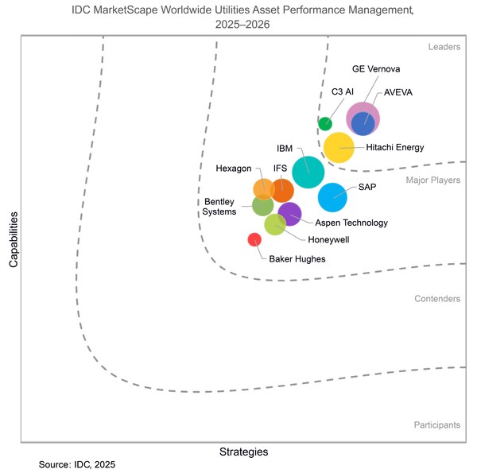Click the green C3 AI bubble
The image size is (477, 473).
tap(324, 123)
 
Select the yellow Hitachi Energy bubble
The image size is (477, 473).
tap(339, 148)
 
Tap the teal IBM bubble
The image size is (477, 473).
tap(308, 172)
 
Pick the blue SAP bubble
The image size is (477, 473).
tap(332, 196)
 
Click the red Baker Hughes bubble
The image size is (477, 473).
tap(254, 239)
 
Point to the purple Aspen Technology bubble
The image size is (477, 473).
tap(289, 214)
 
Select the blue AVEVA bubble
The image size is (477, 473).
tap(363, 123)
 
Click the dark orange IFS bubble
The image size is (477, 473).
tap(282, 191)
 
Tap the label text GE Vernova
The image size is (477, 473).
tap(376, 68)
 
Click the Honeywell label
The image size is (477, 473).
tap(328, 238)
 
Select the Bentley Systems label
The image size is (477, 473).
tap(220, 207)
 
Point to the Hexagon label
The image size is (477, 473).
tap(234, 169)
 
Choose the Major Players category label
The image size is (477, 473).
tap(432, 180)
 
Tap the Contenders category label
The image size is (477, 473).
tap(436, 299)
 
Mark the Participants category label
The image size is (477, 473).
tap(436, 425)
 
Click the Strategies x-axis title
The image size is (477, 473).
tap(243, 452)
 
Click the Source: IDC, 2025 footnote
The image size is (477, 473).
tap(82, 463)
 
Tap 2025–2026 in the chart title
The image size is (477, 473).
tap(243, 24)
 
